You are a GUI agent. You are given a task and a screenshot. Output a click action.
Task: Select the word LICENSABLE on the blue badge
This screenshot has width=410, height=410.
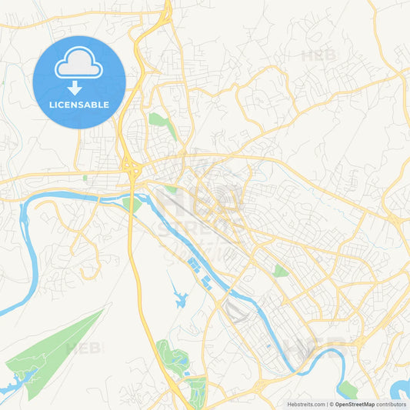coord(79,105)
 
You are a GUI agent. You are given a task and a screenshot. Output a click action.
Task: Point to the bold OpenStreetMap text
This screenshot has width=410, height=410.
coord(355,404)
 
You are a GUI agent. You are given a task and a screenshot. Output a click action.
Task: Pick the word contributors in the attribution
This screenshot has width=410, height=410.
coord(392,404)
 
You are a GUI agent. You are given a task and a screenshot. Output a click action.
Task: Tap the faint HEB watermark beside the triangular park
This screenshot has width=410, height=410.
coord(83,348)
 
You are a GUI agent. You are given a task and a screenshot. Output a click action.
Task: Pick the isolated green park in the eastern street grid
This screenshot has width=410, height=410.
coord(281,270)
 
